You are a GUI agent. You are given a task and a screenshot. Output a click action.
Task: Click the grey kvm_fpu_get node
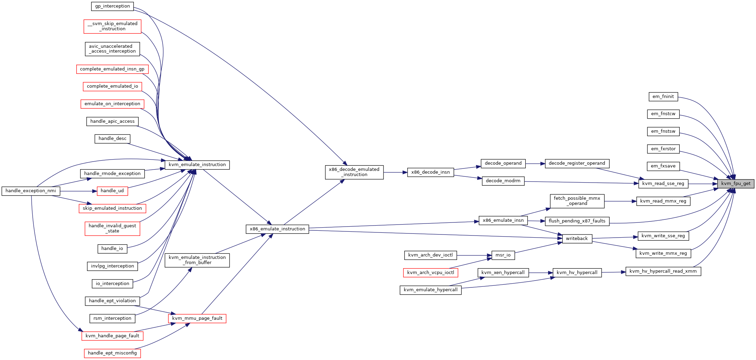[x=736, y=184]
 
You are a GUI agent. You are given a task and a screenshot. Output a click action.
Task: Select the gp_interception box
[x=112, y=6]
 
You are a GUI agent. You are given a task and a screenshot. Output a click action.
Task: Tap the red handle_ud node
[x=112, y=191]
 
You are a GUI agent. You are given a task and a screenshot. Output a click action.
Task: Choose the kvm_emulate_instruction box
[x=197, y=165]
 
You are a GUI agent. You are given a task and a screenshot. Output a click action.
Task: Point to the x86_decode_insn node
[x=431, y=172]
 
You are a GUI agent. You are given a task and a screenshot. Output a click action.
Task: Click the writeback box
[x=577, y=239]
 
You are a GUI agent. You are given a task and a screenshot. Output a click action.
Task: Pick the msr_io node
[x=503, y=255]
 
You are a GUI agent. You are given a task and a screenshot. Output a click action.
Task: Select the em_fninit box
[x=663, y=97]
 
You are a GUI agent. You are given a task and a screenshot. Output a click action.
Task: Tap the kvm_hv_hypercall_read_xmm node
[x=663, y=271]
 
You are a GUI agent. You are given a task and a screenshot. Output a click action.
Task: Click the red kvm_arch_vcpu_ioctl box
[x=431, y=273]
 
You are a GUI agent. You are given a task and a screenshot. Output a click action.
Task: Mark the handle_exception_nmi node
[x=31, y=191]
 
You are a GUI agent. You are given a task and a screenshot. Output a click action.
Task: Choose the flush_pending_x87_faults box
[x=577, y=221]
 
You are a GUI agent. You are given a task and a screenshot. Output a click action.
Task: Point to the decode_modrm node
[x=503, y=181]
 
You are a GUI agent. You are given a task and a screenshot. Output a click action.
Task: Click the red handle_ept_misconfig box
[x=112, y=353]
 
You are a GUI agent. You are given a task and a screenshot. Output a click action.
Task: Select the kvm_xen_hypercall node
[x=503, y=273]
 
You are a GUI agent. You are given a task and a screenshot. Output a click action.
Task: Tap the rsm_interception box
[x=112, y=318]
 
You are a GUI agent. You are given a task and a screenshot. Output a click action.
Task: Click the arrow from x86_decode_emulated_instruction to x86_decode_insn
[x=395, y=172]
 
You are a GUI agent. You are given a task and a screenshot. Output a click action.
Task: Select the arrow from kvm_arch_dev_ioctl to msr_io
[x=475, y=255]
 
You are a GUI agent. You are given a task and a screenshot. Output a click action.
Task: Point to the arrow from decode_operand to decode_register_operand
[x=535, y=164]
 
